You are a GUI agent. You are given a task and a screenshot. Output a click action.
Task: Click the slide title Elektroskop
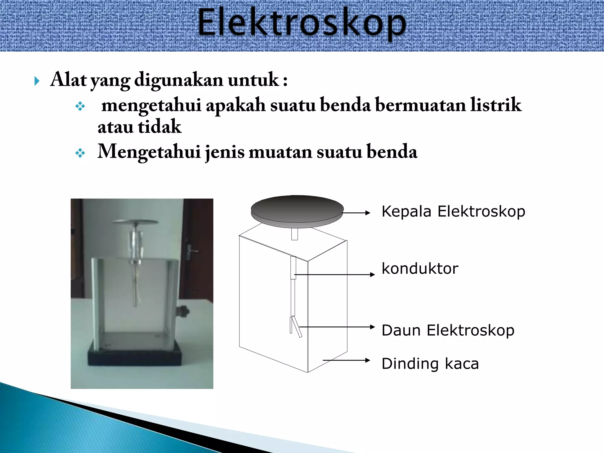click(x=301, y=24)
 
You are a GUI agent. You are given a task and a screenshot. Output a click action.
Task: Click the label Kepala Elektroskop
click(x=453, y=211)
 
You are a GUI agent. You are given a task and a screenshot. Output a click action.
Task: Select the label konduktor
click(x=420, y=268)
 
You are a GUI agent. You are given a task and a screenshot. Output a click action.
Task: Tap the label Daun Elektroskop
click(x=448, y=330)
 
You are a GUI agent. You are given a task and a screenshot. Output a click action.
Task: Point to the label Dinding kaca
click(x=430, y=363)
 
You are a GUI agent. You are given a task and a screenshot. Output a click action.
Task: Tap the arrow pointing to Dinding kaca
click(x=347, y=360)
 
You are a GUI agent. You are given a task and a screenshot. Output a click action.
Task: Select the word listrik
click(x=495, y=105)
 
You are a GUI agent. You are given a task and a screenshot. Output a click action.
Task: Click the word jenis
click(x=225, y=152)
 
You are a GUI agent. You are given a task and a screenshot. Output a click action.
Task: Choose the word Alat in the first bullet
click(x=68, y=80)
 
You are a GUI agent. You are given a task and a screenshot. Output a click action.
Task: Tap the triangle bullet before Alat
click(x=37, y=81)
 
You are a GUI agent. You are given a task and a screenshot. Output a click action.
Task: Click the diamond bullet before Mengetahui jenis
click(x=80, y=153)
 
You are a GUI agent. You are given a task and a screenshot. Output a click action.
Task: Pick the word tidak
click(x=159, y=127)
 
